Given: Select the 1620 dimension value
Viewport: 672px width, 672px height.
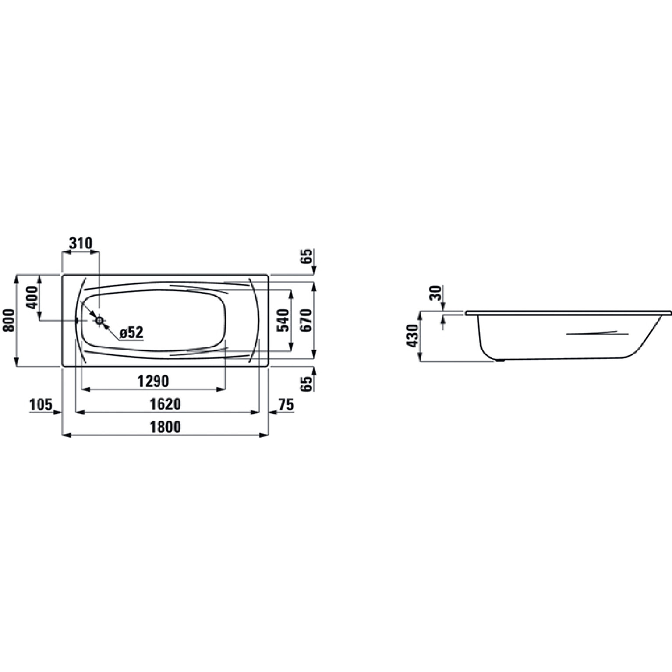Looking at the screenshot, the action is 165,403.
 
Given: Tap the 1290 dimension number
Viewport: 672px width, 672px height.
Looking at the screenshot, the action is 153,381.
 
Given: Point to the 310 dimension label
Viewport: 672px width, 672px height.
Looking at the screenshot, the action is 81,243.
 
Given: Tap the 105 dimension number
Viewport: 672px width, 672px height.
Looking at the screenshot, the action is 41,405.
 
